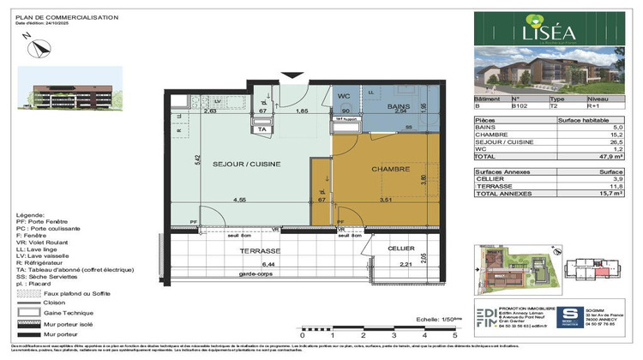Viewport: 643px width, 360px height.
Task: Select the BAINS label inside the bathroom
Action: click(398, 107)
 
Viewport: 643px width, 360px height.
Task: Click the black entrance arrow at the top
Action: click(296, 75)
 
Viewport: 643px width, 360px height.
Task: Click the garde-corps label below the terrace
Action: click(257, 274)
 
